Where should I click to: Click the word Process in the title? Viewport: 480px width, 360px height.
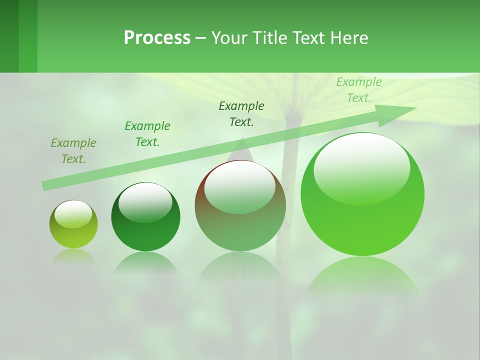tap(157, 38)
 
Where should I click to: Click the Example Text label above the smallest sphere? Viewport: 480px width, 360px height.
tap(73, 150)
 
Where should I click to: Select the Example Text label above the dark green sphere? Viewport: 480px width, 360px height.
tap(147, 133)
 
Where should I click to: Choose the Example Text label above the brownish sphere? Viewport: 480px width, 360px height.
tap(241, 113)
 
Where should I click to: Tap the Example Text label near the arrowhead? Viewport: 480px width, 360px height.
tap(358, 90)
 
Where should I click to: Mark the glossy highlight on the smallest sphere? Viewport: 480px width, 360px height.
tap(73, 213)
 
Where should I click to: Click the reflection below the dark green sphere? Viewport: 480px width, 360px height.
tap(145, 263)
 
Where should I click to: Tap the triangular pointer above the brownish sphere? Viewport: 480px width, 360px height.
tap(242, 150)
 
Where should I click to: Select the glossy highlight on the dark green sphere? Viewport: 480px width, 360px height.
tap(145, 201)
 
